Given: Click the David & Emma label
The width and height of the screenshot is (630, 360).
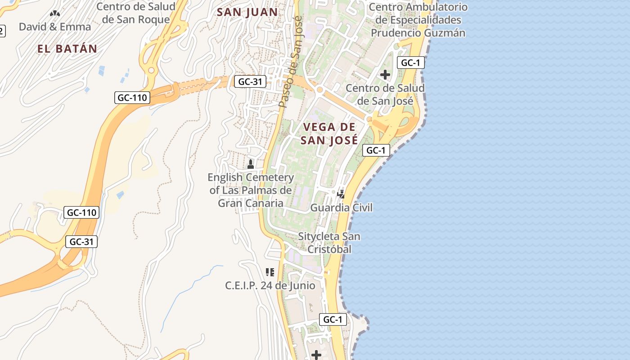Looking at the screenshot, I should (55, 27).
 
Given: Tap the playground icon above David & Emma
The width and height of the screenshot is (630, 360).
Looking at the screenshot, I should (55, 14).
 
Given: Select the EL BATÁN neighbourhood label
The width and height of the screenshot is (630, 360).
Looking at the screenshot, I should (67, 49).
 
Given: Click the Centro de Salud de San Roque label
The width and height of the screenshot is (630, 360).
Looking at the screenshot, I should (136, 13).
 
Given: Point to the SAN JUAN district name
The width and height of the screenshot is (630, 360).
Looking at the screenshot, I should (247, 12).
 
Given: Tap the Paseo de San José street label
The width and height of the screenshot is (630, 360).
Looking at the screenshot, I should (291, 62).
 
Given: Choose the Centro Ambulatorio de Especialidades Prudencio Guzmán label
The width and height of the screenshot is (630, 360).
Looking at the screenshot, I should (418, 20).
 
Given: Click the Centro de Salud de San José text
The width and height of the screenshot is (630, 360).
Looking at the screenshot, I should (385, 94).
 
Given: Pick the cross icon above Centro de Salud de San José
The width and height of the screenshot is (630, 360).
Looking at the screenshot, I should (385, 75).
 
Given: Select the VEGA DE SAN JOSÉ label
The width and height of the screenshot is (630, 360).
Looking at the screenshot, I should (329, 134).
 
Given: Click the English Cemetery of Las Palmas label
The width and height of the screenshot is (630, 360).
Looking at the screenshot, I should (251, 190).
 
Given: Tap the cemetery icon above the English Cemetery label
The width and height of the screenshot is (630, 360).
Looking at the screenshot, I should (251, 165).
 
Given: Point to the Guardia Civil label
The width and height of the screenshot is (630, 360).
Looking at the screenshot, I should (342, 208).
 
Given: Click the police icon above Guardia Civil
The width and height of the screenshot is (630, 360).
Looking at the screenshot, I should (341, 194).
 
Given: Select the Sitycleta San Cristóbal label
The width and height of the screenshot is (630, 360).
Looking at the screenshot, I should (329, 243).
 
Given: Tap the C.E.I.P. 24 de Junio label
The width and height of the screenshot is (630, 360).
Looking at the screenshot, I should (270, 286).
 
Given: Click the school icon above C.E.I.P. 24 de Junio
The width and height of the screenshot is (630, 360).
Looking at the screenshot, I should (270, 272).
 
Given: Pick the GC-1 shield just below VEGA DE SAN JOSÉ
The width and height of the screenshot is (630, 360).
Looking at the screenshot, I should (376, 150).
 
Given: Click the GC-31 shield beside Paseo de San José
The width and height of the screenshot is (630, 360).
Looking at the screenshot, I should (250, 82).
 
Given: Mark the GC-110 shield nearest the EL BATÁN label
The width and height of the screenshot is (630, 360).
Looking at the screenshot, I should (132, 98).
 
